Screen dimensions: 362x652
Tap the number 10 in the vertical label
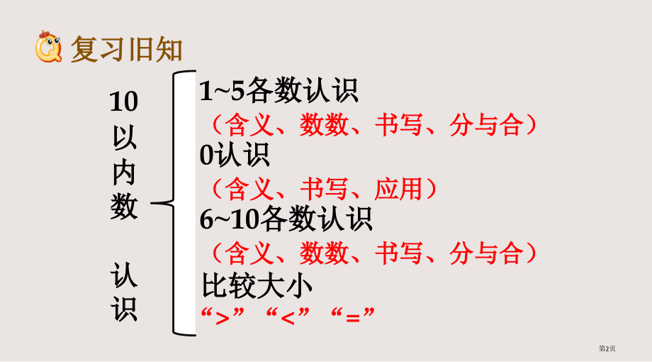124,102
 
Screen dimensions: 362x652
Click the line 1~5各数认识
279,92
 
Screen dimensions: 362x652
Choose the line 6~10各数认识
286,220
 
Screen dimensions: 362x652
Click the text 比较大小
257,285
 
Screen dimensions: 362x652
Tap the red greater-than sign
222,316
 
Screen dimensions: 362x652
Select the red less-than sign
287,316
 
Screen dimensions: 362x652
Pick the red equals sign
352,316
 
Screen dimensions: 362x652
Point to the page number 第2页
607,349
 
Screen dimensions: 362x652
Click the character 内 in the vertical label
125,172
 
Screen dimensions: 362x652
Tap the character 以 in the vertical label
125,137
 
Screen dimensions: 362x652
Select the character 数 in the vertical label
125,207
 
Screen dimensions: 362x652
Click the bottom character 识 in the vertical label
125,309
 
